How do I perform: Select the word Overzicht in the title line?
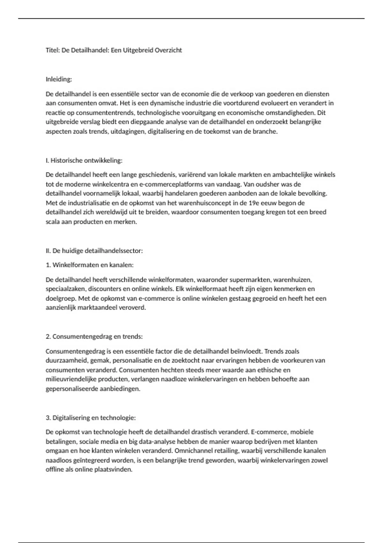169,50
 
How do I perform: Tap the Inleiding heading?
59,79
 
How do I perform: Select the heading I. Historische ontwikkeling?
84,160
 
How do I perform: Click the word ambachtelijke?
292,175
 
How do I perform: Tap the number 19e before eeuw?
254,203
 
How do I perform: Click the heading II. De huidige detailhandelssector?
94,251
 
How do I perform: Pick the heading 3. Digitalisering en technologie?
91,418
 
